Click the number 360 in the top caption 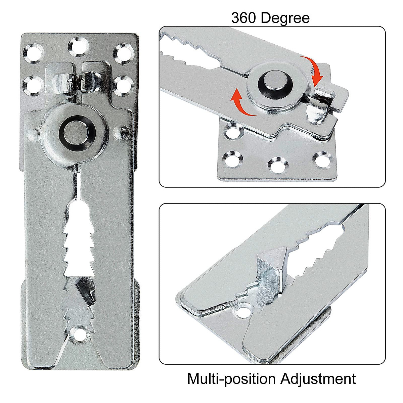(244, 18)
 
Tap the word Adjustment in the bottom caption (318, 379)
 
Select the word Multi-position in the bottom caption (232, 379)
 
